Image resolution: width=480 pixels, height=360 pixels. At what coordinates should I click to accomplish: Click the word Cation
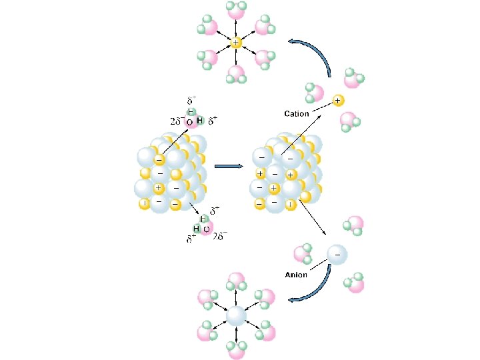297,114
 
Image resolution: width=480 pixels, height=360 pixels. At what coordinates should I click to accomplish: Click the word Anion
295,274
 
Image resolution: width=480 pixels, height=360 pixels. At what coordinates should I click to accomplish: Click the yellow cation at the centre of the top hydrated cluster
235,43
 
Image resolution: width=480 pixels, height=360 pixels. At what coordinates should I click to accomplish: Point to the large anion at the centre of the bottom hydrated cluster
237,315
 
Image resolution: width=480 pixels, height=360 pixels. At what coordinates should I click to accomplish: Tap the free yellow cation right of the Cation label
337,101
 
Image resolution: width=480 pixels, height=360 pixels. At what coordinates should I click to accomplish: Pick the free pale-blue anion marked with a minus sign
337,255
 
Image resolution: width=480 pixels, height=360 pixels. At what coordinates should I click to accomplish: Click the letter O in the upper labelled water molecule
189,123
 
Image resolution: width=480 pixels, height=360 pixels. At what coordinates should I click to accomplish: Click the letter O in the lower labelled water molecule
206,229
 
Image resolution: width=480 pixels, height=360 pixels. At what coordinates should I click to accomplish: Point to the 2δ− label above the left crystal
176,123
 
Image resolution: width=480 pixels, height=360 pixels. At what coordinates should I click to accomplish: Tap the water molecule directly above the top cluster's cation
236,9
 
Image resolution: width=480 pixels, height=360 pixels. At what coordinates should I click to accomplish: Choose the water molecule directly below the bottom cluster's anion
236,349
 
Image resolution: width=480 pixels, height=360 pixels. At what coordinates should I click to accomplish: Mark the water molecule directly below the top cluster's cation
236,75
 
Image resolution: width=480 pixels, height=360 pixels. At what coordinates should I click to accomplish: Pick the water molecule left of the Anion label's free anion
303,254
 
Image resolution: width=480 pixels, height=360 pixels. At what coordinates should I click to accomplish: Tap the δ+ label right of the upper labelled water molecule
213,121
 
